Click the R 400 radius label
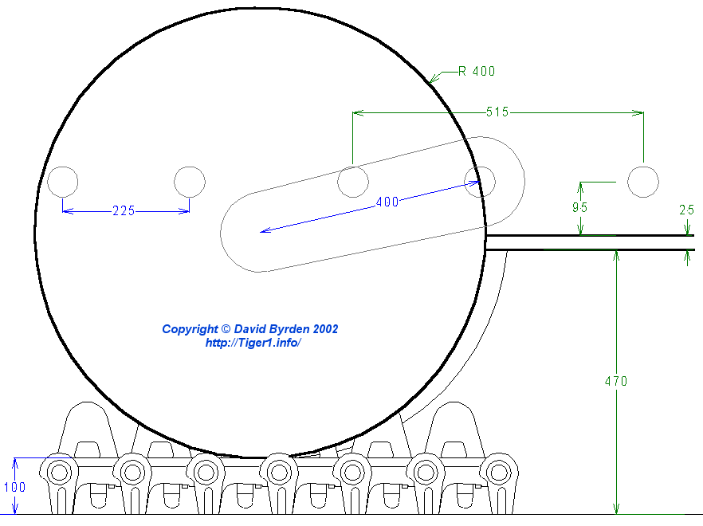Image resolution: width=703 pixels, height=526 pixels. point(477,71)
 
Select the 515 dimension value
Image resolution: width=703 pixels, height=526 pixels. point(497,112)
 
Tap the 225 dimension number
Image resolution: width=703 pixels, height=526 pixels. point(124,211)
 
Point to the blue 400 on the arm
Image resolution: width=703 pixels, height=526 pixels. point(387,202)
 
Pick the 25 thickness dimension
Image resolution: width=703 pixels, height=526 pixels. point(686,210)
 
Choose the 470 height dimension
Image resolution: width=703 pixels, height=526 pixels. point(615,382)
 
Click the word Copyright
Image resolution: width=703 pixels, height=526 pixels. point(189,328)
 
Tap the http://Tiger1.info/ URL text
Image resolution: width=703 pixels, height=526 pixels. point(252,343)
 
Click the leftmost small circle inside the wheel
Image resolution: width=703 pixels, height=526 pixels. point(63,182)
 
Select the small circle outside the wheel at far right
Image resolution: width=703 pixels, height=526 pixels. point(642,181)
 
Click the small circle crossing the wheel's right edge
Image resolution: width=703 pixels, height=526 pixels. point(480,182)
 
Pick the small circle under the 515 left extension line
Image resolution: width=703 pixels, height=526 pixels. point(352,182)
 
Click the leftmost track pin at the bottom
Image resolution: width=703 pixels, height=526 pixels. point(59,472)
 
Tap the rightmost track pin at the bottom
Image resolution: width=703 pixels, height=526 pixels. point(498,472)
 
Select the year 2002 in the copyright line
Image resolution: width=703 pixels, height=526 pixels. point(326,328)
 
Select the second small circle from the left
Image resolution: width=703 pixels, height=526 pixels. point(190,182)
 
